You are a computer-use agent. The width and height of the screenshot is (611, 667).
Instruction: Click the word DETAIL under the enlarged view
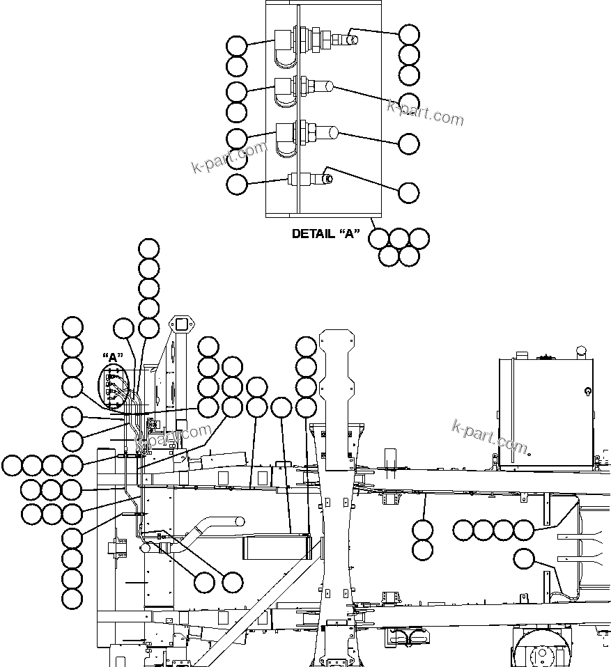(x=313, y=234)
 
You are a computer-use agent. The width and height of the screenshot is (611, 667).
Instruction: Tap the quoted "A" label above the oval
(x=111, y=358)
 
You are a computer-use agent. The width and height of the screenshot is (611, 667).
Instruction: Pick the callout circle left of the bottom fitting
(x=237, y=185)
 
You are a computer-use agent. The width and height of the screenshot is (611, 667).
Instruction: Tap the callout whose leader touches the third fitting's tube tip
(x=409, y=143)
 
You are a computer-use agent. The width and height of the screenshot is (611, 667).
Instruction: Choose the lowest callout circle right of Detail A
(x=409, y=192)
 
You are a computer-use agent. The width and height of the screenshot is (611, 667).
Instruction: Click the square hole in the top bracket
(x=183, y=324)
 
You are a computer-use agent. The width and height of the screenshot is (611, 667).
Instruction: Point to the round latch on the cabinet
(x=589, y=391)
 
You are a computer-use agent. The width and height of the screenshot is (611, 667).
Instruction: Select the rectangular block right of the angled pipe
(x=275, y=547)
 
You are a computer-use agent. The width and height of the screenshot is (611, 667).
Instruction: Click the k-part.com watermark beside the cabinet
(x=490, y=435)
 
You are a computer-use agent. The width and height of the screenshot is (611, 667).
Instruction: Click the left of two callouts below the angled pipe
(x=204, y=582)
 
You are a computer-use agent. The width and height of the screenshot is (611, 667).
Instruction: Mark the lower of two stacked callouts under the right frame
(x=423, y=550)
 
